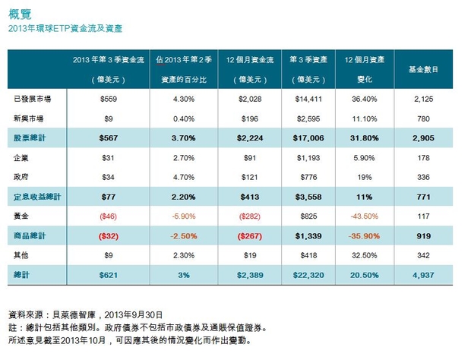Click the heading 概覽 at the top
(19, 12)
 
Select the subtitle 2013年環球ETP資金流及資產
(65, 28)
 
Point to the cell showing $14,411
(308, 99)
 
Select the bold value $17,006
(308, 137)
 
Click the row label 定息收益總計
(34, 197)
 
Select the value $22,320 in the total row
(308, 275)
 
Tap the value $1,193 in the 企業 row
(308, 157)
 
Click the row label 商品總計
(28, 235)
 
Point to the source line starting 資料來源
(84, 314)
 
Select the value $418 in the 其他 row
(308, 255)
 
